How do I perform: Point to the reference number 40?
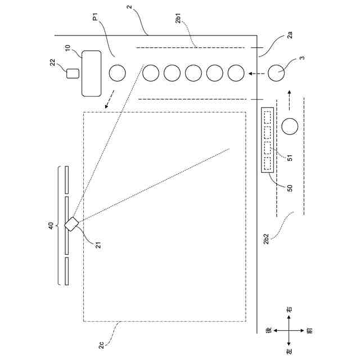pos(51,225)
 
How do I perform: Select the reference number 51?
pos(290,158)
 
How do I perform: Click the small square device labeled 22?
pos(71,73)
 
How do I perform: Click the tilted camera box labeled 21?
pos(72,224)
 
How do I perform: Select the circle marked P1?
pos(117,73)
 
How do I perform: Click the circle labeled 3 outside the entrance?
pos(277,73)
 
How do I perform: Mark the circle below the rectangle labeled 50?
pos(290,127)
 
